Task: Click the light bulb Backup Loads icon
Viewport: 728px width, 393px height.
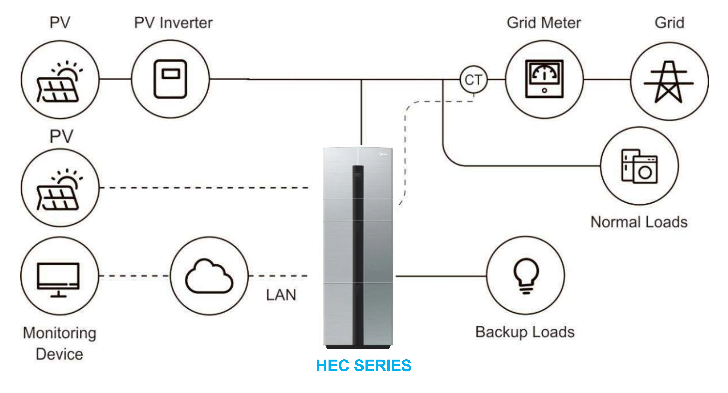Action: (x=526, y=276)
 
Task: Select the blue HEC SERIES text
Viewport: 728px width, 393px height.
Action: (x=363, y=366)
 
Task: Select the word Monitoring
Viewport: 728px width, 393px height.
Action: (x=60, y=333)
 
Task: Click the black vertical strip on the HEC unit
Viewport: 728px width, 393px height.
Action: (x=358, y=255)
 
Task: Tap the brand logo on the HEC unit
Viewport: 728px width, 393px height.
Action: (x=383, y=154)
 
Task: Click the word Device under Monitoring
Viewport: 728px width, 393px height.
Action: (x=60, y=354)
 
